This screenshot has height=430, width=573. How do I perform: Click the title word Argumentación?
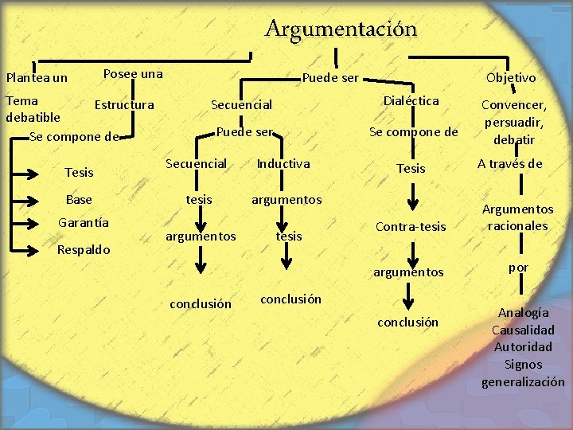[x=341, y=29]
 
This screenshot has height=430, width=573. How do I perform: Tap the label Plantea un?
[x=37, y=78]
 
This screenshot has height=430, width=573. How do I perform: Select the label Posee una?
[x=133, y=74]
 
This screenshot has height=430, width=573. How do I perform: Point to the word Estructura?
[x=124, y=104]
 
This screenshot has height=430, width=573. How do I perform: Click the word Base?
[x=79, y=199]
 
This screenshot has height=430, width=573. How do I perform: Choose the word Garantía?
[x=84, y=222]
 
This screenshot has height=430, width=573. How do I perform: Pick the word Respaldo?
[x=84, y=249]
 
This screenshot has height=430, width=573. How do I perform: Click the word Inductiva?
[x=283, y=163]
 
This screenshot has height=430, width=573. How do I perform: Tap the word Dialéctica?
[x=411, y=101]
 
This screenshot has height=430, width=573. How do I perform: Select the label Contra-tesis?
[x=411, y=227]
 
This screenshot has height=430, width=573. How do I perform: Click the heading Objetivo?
[x=511, y=78]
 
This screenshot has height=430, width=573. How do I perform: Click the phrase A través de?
[x=509, y=164]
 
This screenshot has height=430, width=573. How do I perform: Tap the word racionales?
[x=518, y=225]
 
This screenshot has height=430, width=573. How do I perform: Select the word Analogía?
[x=523, y=312]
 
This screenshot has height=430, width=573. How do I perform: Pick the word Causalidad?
[x=523, y=330]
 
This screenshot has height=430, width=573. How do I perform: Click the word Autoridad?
[x=523, y=346]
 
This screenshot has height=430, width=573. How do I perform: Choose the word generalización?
[x=523, y=381]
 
